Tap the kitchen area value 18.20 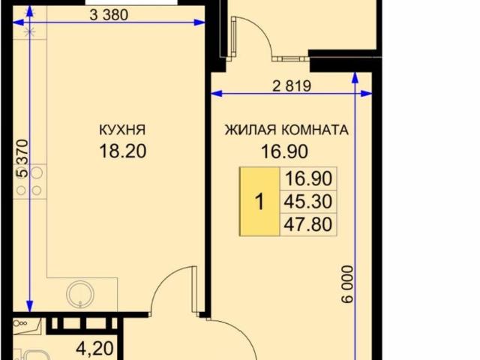[121, 150]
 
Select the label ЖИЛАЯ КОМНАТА [286, 130]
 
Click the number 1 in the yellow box [259, 202]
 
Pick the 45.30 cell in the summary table [308, 201]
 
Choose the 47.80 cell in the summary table [308, 223]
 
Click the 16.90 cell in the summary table [308, 178]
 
